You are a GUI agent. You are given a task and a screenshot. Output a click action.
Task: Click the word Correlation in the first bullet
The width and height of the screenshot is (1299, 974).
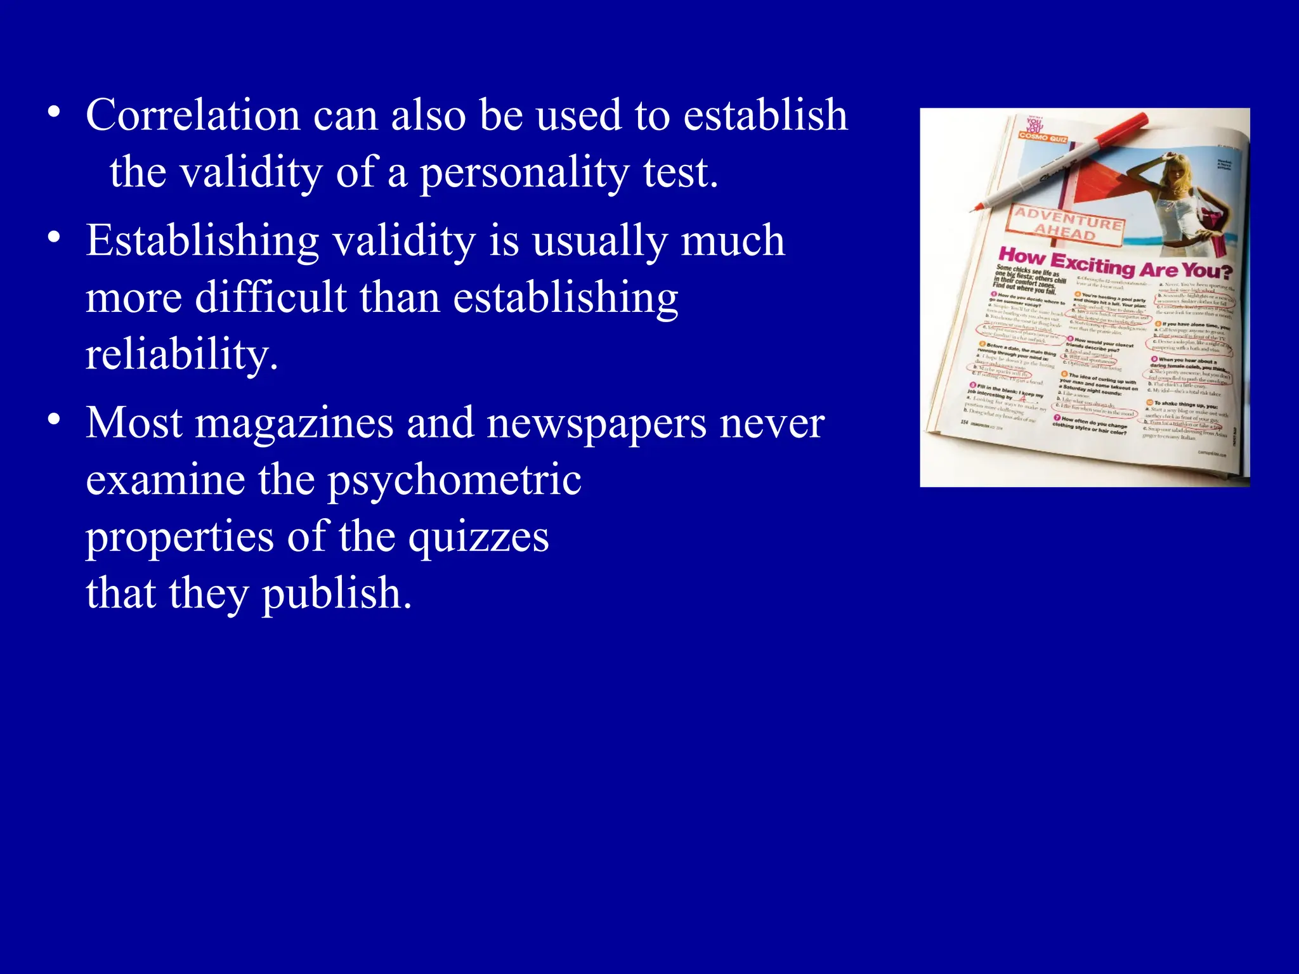point(193,115)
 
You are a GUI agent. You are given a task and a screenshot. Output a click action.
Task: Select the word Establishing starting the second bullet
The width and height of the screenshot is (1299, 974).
point(202,242)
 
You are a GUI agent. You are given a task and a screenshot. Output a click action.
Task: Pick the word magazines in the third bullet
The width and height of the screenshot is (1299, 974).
point(294,423)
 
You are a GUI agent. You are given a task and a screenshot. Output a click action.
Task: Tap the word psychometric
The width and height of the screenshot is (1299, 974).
point(454,479)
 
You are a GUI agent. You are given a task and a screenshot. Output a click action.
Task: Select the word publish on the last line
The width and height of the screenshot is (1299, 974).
point(337,594)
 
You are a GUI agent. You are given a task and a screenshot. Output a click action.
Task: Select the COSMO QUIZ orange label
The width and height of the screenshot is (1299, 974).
point(1043,137)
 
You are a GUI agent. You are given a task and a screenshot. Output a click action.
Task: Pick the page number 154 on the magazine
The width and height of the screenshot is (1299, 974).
point(963,421)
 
